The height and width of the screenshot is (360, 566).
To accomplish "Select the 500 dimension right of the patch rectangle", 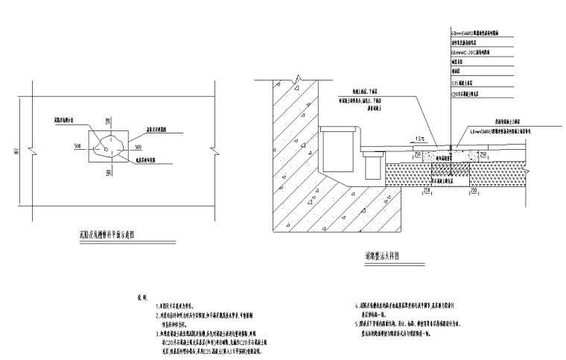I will click(139, 145).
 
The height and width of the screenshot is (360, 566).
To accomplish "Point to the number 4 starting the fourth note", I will click(356, 306).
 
